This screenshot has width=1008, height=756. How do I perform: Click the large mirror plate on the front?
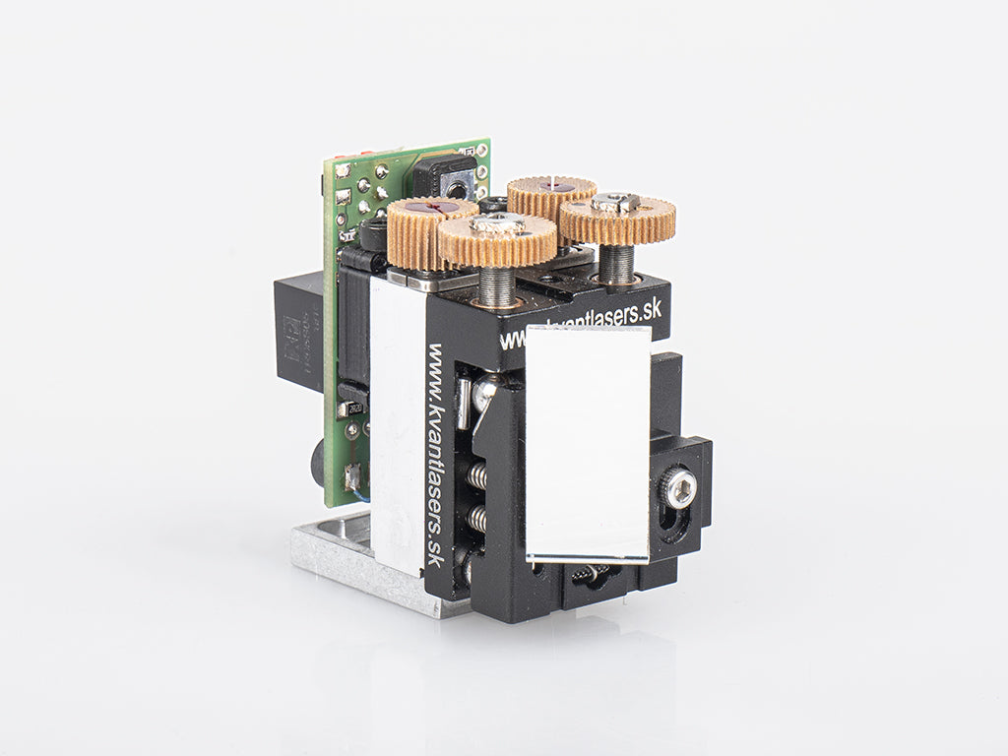tap(588, 443)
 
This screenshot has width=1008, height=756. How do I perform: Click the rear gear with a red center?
tap(551, 194)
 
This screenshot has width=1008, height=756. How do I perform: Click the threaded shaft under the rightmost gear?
tap(617, 263)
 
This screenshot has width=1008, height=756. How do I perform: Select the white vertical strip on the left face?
tap(397, 423)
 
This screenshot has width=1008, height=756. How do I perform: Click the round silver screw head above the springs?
tap(484, 393)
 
